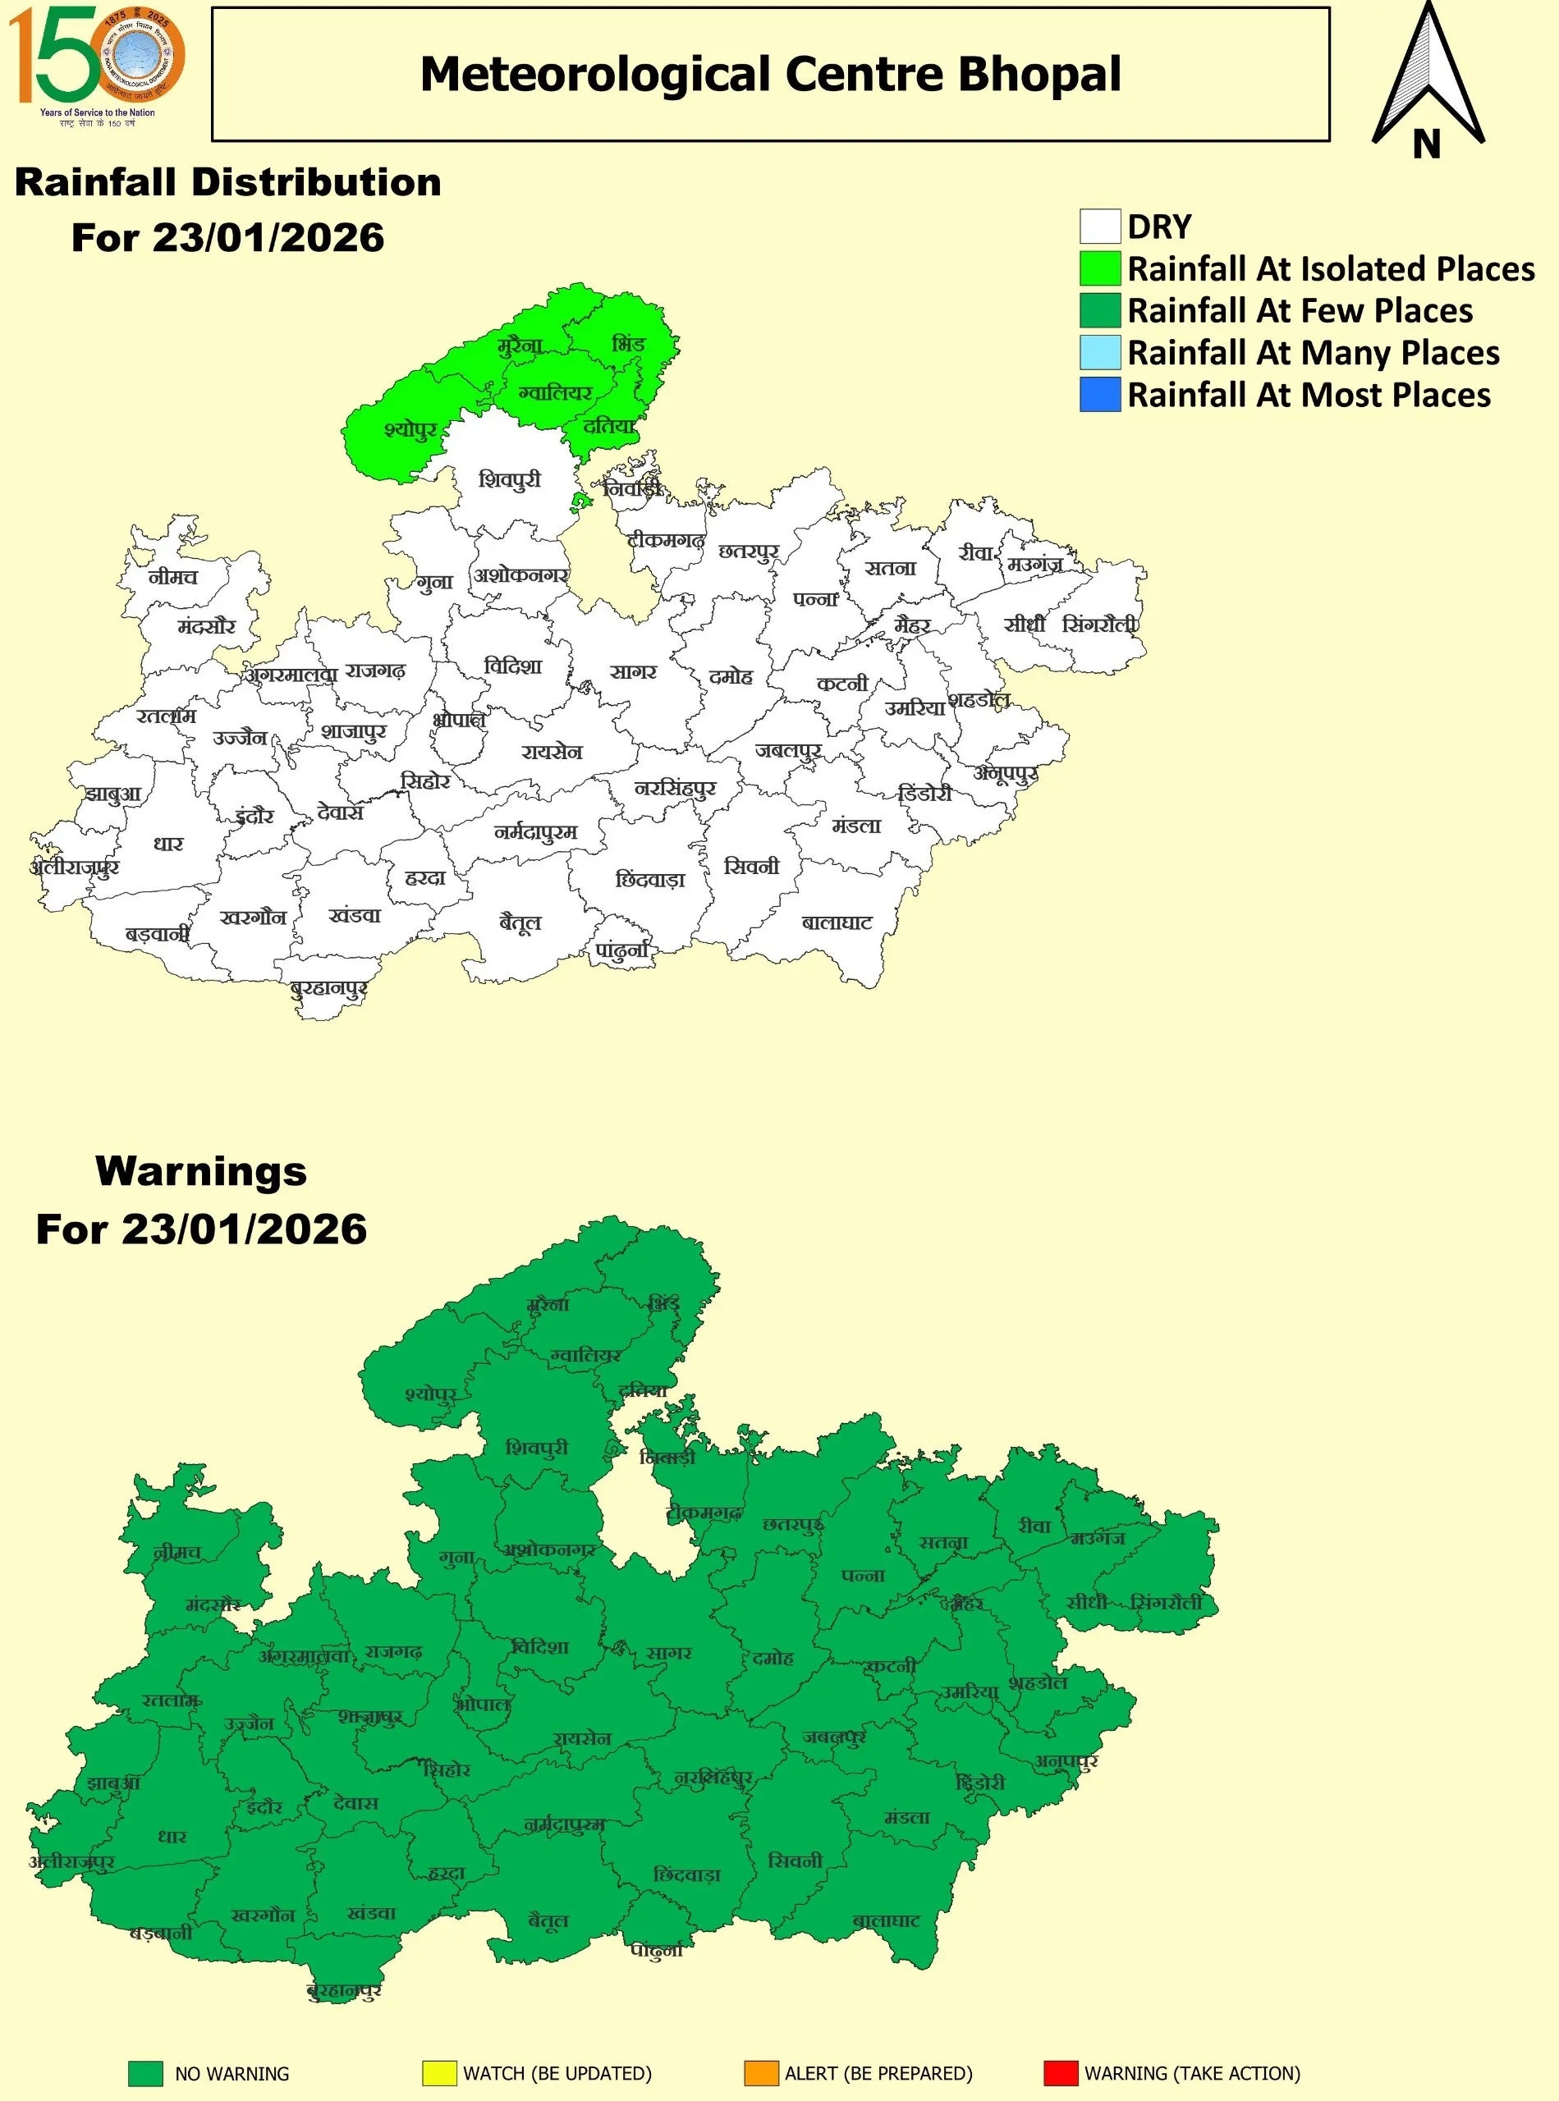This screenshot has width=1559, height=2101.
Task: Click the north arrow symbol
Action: (1428, 80)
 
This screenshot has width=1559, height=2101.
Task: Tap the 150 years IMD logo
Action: (96, 64)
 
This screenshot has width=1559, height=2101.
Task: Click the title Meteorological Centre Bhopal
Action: (770, 75)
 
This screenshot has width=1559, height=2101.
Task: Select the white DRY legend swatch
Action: (1099, 227)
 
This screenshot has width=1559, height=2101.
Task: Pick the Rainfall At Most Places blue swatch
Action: (1099, 395)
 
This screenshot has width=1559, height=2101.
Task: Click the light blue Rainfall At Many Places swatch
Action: (1099, 352)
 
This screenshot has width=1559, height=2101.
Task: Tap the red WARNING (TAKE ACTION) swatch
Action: (1060, 2073)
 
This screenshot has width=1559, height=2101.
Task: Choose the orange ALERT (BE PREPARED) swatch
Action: (761, 2073)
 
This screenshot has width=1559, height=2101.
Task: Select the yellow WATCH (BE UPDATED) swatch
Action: (439, 2073)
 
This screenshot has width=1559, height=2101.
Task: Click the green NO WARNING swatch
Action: (145, 2073)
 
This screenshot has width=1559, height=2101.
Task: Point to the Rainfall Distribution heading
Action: (227, 182)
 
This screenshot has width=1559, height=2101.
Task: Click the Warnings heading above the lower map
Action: (201, 1171)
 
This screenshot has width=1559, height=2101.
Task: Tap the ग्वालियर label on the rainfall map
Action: (556, 392)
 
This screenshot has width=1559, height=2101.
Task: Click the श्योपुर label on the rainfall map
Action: (410, 430)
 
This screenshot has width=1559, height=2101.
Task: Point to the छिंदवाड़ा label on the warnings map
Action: (686, 1874)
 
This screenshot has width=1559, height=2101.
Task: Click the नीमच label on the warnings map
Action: (177, 1552)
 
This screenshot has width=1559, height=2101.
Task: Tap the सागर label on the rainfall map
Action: (632, 671)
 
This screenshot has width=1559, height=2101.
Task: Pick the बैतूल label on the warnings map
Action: (548, 1920)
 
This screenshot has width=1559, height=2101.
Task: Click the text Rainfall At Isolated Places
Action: (1331, 270)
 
